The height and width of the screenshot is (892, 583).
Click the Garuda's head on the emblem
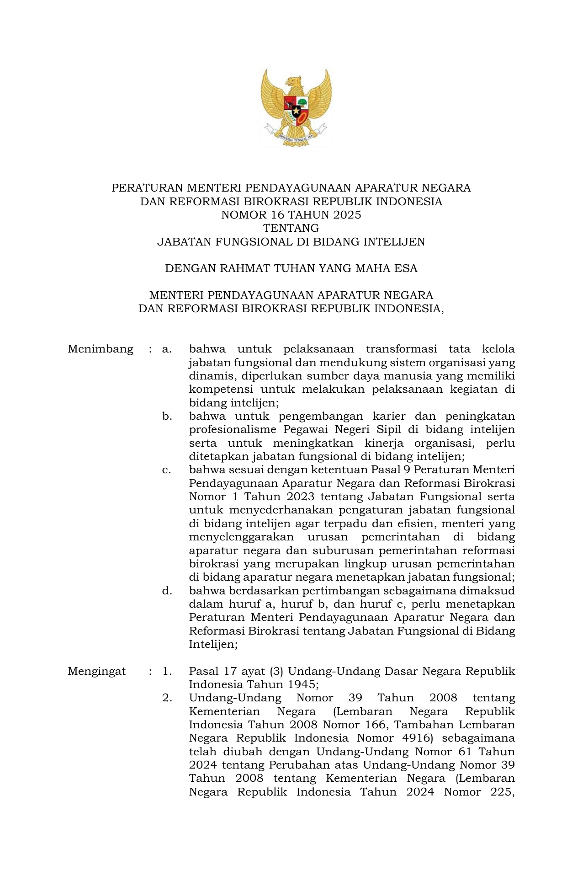[294, 82]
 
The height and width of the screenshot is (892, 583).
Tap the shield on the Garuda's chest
[296, 110]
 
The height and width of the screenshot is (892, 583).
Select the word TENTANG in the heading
[291, 228]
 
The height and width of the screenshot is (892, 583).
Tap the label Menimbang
[101, 349]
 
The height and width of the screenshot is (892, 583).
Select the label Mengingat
[97, 671]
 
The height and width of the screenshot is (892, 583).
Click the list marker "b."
[167, 417]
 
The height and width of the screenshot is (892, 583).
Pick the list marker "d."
[167, 591]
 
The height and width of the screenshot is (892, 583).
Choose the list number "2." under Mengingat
[167, 698]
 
